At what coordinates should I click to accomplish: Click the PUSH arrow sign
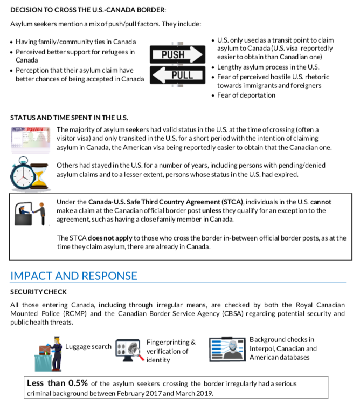(177, 54)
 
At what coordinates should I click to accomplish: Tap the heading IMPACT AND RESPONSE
(74, 276)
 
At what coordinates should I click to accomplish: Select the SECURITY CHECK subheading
(39, 292)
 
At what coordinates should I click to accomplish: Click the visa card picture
(31, 139)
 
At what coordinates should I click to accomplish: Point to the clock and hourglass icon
(30, 171)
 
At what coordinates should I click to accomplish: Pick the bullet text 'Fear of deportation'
(246, 95)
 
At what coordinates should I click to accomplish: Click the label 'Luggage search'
(88, 346)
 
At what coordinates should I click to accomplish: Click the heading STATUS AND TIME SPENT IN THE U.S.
(69, 118)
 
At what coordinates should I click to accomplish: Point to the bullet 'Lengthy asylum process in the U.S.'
(268, 67)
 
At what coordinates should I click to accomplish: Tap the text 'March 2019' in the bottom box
(194, 393)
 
